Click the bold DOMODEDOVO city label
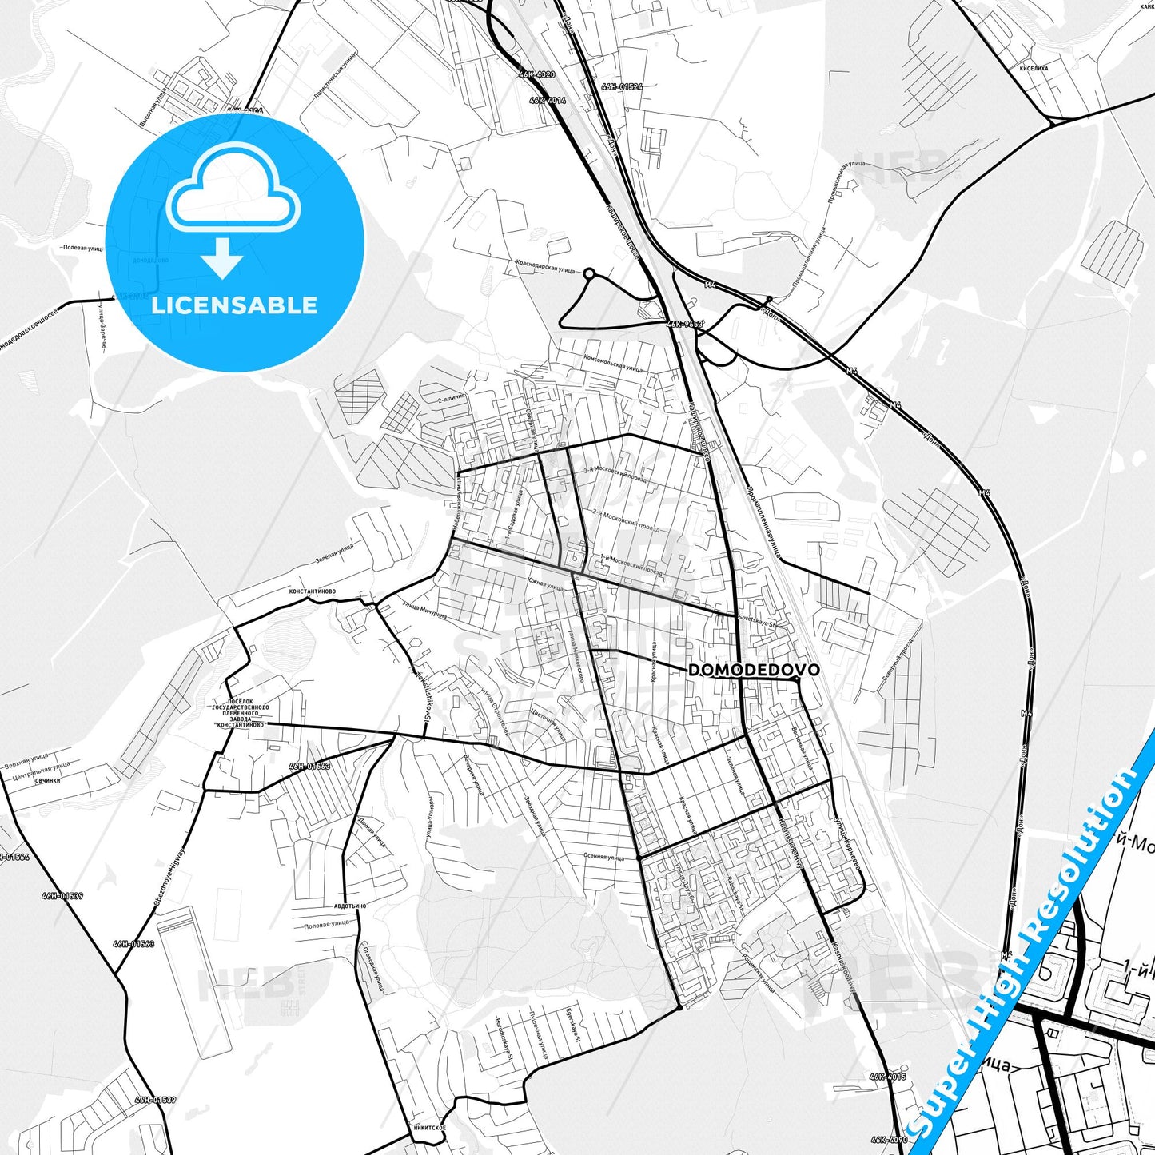(753, 670)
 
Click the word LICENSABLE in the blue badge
(234, 305)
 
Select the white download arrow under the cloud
(222, 258)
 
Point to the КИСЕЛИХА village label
(1034, 69)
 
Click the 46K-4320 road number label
(536, 74)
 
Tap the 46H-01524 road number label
(622, 86)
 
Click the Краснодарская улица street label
(546, 266)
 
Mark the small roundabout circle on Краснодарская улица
(590, 274)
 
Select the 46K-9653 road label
(683, 325)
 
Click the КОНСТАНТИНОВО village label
(313, 591)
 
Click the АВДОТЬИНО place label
(350, 906)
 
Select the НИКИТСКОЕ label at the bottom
(430, 1128)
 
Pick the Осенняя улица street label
(603, 857)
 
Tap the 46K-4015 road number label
(889, 1077)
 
